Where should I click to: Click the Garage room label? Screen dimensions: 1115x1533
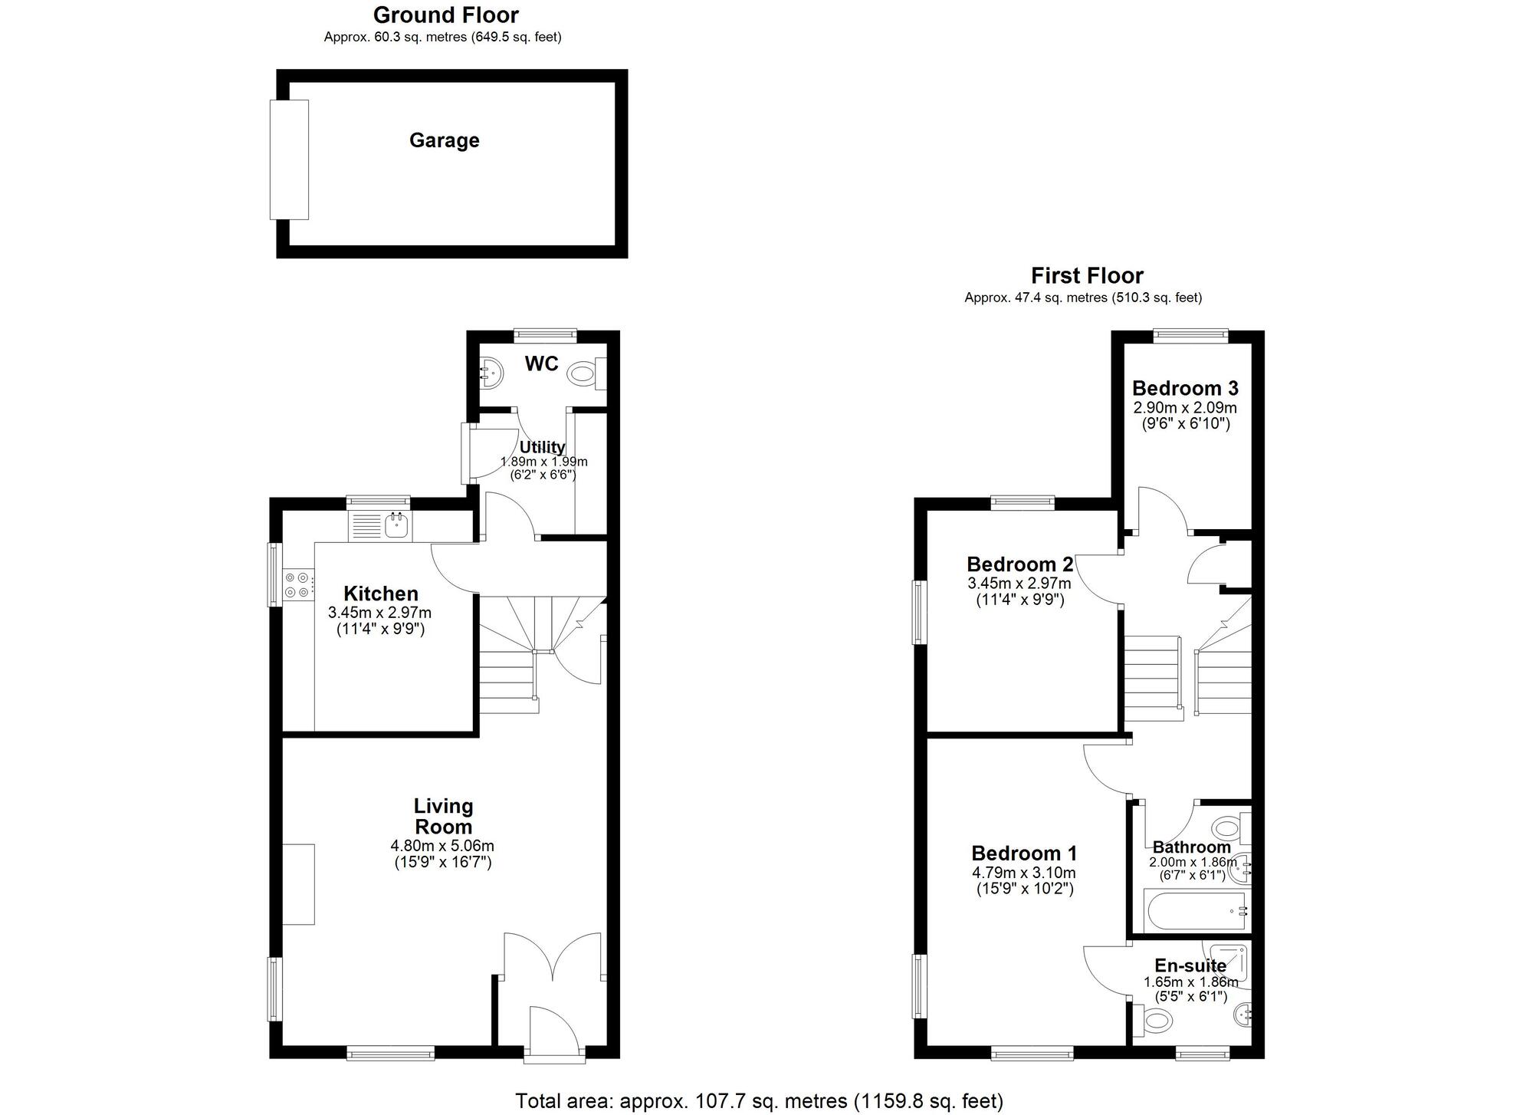444,140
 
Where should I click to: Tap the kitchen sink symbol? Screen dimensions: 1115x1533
396,526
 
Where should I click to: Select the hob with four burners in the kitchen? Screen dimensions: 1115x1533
297,584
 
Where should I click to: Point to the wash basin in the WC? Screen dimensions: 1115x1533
490,374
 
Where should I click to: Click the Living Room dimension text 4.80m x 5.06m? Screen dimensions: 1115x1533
442,846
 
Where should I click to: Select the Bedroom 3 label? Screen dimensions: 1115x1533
1184,388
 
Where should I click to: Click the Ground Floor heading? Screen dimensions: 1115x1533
445,15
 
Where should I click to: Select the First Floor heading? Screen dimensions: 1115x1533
1086,275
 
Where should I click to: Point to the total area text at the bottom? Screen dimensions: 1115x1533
759,1101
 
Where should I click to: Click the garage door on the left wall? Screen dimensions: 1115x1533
289,160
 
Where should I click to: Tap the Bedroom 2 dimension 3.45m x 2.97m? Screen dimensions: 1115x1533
1019,584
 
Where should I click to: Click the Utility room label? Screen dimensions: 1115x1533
542,447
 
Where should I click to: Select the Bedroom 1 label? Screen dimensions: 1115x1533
1024,853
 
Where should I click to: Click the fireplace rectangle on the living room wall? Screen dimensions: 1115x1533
298,884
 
